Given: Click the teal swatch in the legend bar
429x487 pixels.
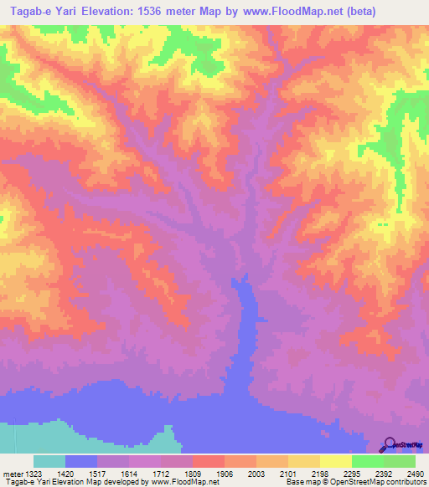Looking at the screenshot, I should (x=49, y=462).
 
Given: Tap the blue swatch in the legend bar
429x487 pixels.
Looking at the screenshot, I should (x=81, y=462).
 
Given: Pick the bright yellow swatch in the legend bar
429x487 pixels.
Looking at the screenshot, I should (x=336, y=462).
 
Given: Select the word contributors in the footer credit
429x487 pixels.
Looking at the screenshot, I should (x=405, y=482).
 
